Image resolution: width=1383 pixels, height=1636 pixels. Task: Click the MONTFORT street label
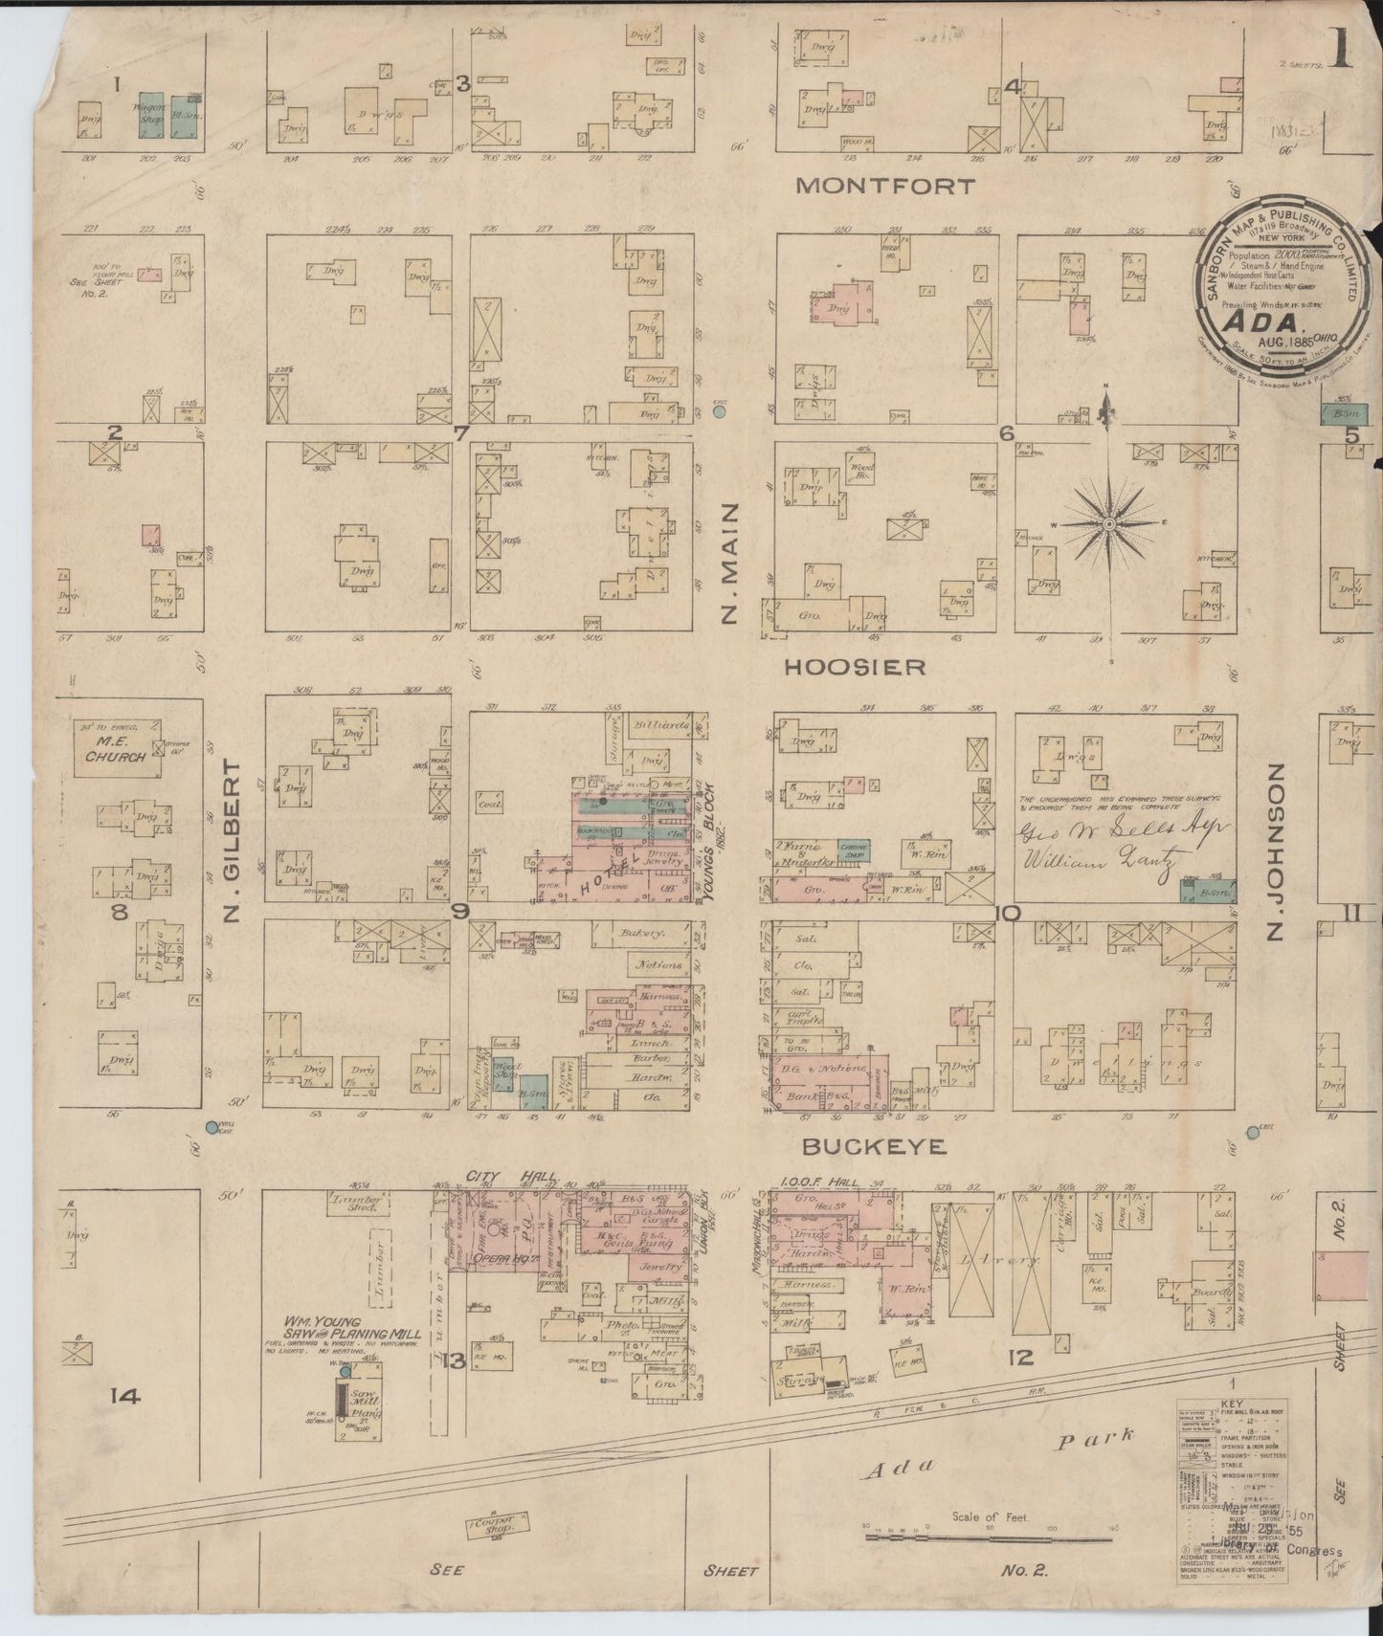[x=872, y=186]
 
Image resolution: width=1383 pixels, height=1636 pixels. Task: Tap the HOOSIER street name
[x=855, y=667]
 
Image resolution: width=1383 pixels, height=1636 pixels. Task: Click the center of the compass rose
[x=1108, y=524]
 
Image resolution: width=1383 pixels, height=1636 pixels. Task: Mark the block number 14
[x=124, y=1396]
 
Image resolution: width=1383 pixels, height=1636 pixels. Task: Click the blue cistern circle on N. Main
[x=720, y=411]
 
